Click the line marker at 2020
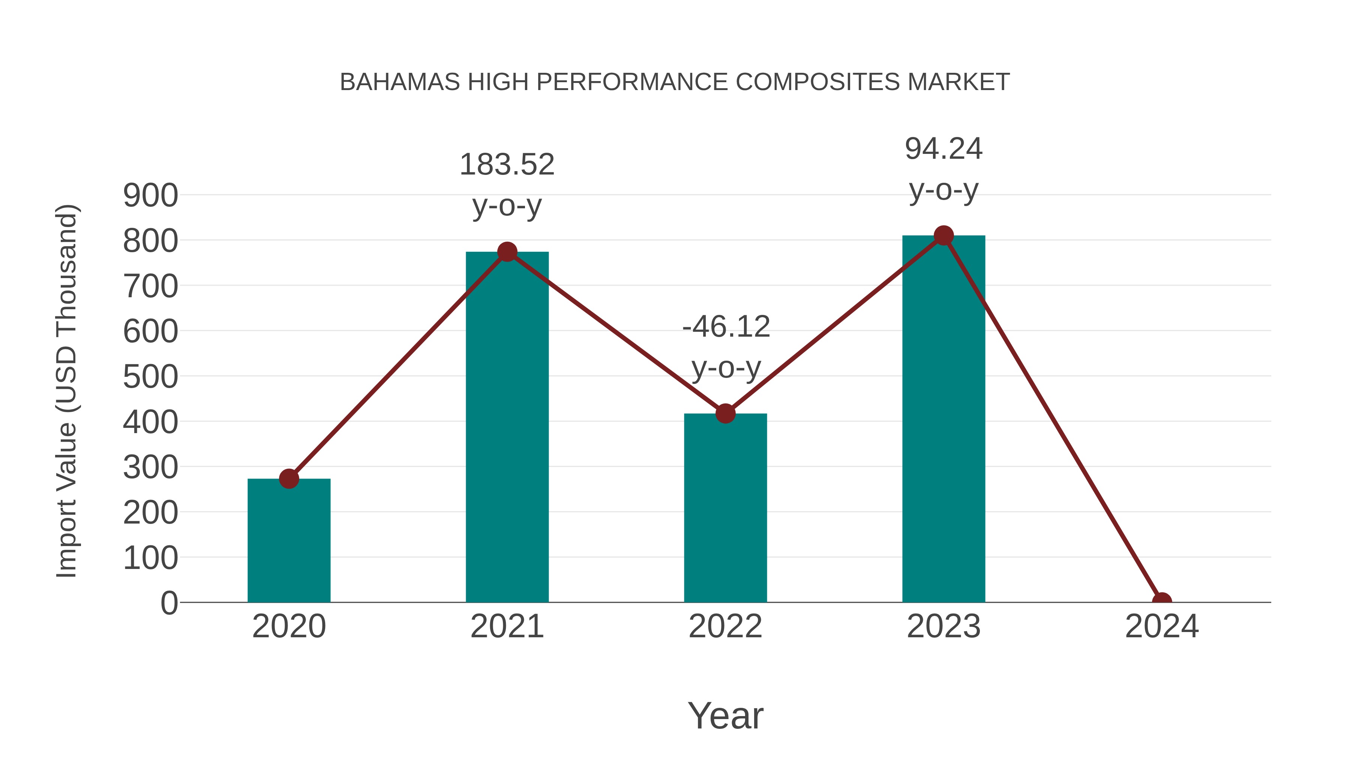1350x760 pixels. pos(289,479)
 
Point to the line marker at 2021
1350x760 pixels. pos(507,252)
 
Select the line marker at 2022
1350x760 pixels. pos(725,413)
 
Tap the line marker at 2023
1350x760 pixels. pos(943,235)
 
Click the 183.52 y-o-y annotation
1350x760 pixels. pos(507,185)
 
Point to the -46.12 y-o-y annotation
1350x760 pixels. pos(726,347)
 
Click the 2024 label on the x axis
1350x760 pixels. pos(1161,626)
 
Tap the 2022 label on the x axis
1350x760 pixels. pos(725,626)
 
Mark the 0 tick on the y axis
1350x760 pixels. pos(169,603)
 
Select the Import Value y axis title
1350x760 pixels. pos(67,391)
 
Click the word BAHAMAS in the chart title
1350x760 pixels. pos(400,82)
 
